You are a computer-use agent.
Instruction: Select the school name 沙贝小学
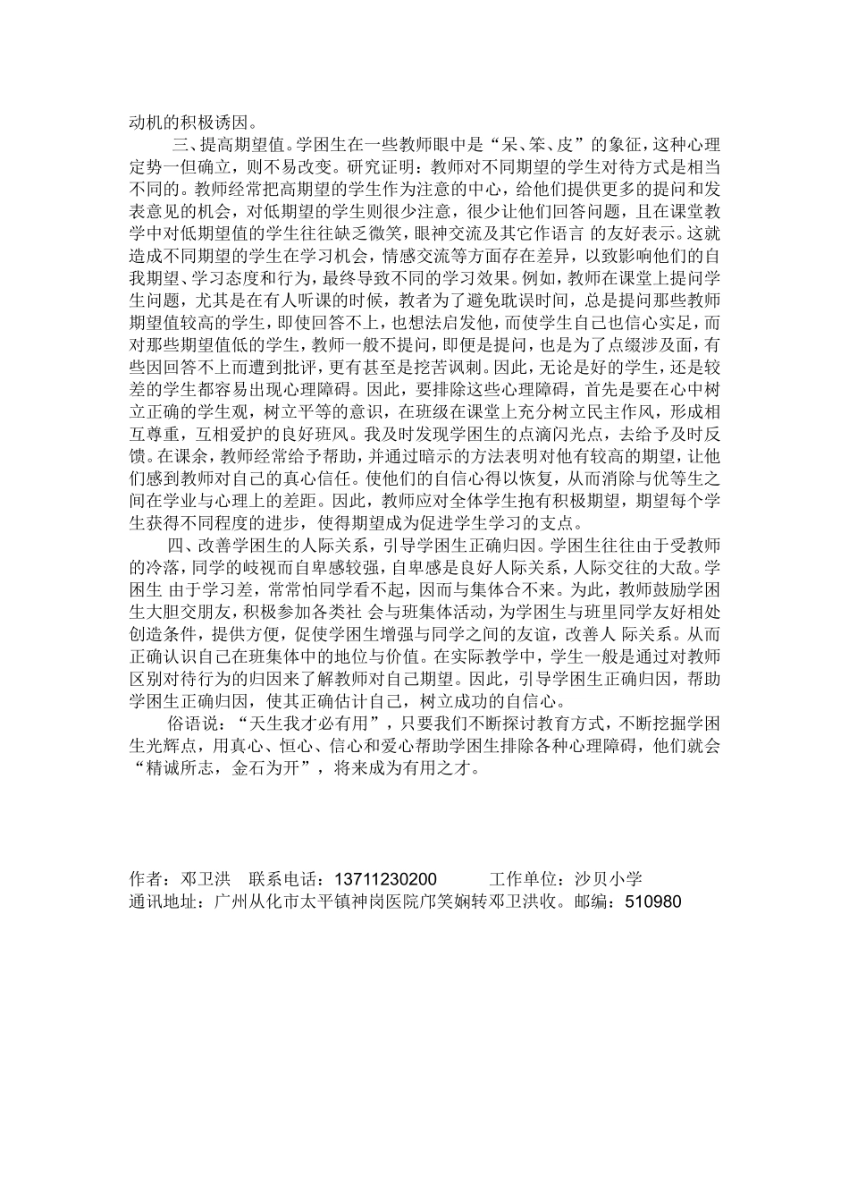[608, 879]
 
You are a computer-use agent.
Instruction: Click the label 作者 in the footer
[145, 879]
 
